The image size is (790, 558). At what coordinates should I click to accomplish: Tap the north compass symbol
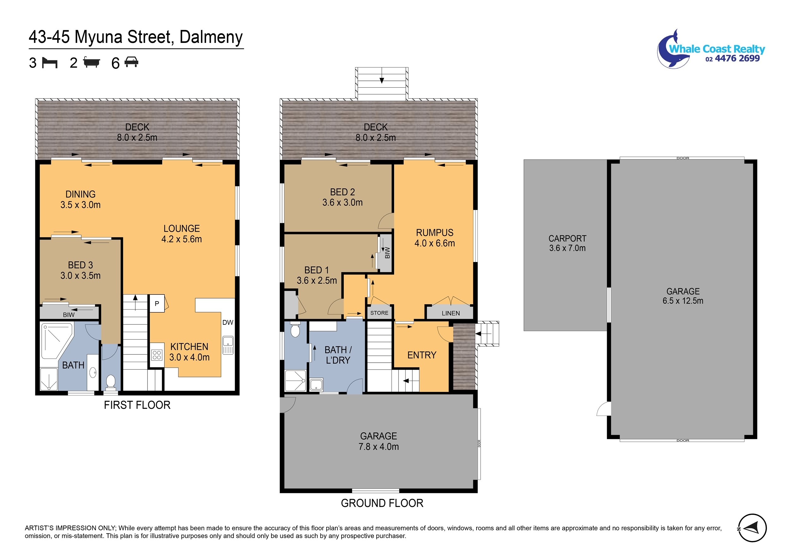click(x=752, y=528)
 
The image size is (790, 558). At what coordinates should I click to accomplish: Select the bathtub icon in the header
click(x=92, y=62)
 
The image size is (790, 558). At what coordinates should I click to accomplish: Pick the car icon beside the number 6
click(x=131, y=62)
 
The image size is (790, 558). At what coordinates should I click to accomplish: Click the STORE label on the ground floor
click(x=379, y=313)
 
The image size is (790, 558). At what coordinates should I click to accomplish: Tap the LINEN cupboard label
click(x=451, y=313)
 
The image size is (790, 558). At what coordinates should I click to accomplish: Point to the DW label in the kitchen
click(x=228, y=322)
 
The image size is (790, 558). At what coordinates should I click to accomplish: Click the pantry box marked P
click(x=157, y=303)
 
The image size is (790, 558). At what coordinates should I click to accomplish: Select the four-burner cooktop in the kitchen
click(x=157, y=355)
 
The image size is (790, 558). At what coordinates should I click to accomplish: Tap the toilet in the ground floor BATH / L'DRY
click(x=295, y=329)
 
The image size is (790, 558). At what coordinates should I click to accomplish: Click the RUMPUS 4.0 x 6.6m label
click(x=434, y=238)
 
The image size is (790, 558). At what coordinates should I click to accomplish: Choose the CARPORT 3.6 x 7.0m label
click(x=568, y=243)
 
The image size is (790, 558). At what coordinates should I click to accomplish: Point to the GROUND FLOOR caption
click(x=382, y=503)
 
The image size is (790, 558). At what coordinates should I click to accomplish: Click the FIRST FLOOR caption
click(x=137, y=405)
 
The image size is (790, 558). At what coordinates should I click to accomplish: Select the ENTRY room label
click(x=422, y=355)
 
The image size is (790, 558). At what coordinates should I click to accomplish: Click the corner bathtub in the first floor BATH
click(x=56, y=341)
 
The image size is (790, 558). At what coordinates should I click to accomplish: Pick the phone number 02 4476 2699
click(x=732, y=59)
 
